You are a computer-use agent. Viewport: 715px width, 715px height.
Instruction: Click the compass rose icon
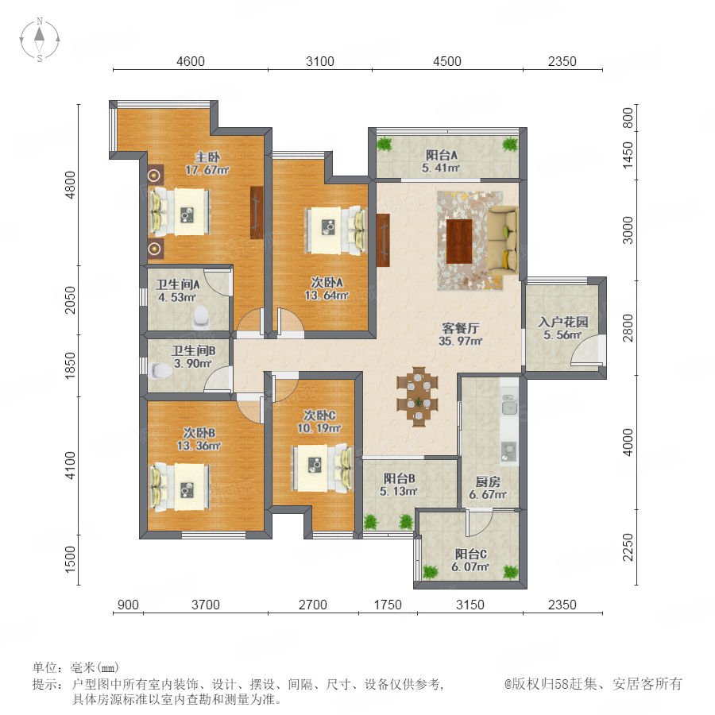coord(40,40)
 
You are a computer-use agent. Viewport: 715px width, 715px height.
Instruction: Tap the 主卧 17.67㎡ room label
coord(207,164)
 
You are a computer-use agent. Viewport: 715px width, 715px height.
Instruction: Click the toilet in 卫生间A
coord(201,317)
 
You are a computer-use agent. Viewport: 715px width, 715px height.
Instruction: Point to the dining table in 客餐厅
coord(418,396)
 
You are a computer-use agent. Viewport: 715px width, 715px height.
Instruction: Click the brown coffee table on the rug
coord(459,242)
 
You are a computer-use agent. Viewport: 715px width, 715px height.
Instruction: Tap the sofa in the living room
coord(503,241)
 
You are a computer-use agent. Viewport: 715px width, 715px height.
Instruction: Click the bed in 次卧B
coord(180,487)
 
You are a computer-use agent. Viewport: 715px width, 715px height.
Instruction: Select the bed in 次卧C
coord(323,469)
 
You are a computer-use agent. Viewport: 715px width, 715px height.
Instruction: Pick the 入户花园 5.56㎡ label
coord(562,328)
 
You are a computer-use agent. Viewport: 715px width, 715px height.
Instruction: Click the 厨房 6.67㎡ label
coord(488,488)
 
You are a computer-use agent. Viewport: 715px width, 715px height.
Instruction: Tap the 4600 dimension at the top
coord(190,61)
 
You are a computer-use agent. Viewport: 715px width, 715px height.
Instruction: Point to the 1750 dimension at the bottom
coord(388,605)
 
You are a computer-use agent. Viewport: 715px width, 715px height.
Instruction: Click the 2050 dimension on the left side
coord(71,300)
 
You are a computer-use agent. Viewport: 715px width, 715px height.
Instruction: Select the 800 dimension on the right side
coord(628,118)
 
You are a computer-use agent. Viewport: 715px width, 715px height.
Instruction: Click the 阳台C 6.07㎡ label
coord(470,560)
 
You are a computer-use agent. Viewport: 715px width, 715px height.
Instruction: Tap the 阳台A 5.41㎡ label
coord(441,161)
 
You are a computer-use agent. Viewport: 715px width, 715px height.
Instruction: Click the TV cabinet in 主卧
coord(257,212)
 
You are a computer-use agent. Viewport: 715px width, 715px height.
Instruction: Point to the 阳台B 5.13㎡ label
coord(399,485)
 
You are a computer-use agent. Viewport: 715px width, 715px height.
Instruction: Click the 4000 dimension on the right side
coord(628,443)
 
